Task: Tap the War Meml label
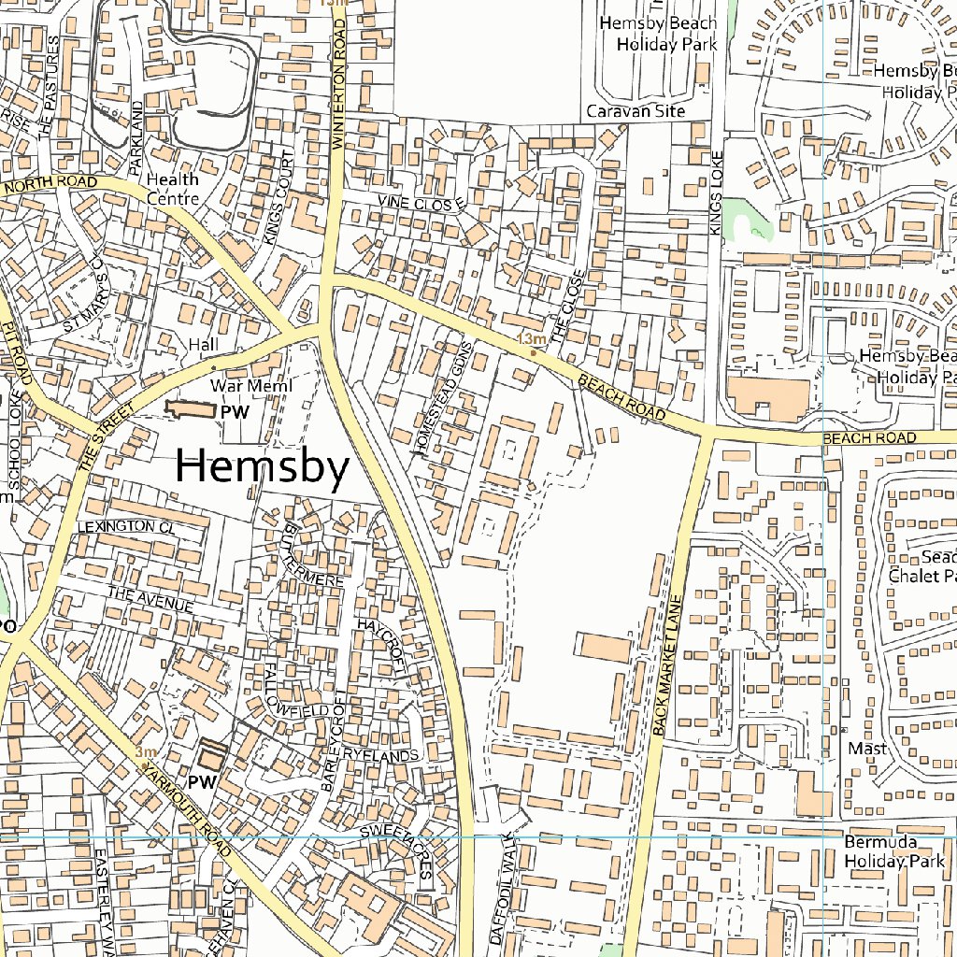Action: click(x=251, y=386)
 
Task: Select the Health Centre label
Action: click(x=173, y=189)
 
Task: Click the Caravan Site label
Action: click(x=636, y=111)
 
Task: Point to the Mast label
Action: click(x=866, y=749)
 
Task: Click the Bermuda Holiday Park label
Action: click(x=894, y=852)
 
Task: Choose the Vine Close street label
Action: click(x=421, y=203)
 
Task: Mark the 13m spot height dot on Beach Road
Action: click(x=533, y=353)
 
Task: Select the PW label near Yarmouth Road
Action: click(x=203, y=781)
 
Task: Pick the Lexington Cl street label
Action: click(x=126, y=527)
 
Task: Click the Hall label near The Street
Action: click(x=203, y=345)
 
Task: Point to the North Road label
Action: click(x=51, y=185)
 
